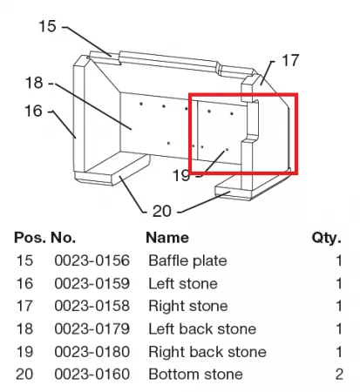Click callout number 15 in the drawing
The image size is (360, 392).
tap(47, 26)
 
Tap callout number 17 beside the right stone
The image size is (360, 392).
tap(290, 60)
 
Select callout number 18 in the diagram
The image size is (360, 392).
tap(34, 83)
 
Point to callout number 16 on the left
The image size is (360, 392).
tap(33, 111)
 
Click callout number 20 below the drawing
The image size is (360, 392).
tap(162, 211)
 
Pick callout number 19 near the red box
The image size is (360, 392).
tap(180, 175)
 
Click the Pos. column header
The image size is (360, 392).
tap(30, 238)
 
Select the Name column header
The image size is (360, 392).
tap(167, 238)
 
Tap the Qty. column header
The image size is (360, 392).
tap(327, 238)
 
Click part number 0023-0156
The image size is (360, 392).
tap(92, 260)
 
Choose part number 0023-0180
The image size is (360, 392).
tap(92, 352)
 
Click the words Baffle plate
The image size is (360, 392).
tap(187, 260)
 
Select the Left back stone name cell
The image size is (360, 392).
tap(202, 329)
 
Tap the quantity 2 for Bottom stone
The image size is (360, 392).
tap(339, 375)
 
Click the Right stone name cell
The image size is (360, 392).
tap(188, 307)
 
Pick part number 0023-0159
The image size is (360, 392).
tap(92, 283)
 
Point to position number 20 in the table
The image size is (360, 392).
tap(24, 375)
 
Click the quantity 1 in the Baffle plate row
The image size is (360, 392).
tap(339, 260)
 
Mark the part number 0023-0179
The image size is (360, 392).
tap(92, 329)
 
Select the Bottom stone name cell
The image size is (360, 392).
tap(195, 375)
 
